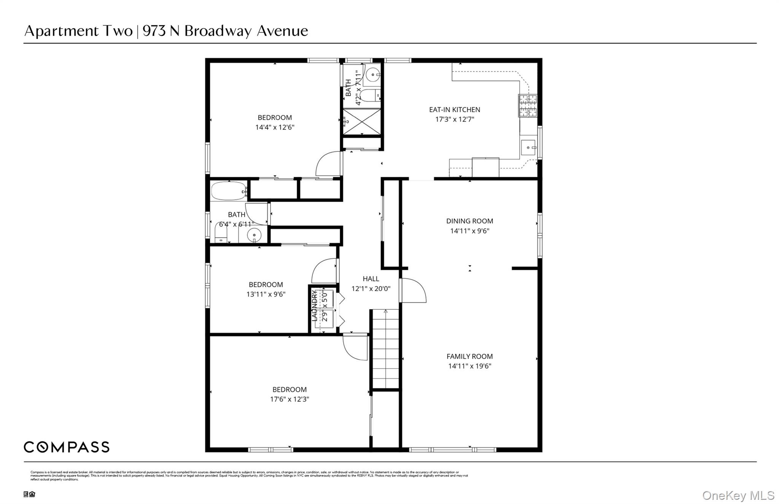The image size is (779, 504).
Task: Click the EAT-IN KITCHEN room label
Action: tap(455, 110)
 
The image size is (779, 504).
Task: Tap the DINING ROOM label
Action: tap(469, 221)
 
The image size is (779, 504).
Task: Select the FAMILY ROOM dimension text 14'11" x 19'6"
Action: tap(469, 366)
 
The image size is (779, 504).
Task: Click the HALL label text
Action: tap(370, 279)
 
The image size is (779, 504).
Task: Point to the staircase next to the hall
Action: tap(385, 349)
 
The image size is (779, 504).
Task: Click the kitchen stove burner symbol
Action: tap(528, 105)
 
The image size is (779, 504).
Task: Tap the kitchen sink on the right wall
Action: tap(528, 148)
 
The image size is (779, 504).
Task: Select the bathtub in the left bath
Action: tap(229, 191)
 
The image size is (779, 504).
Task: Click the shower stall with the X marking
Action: tap(362, 121)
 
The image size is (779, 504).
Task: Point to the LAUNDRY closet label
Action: tap(315, 305)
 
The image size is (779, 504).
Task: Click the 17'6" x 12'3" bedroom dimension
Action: tap(289, 399)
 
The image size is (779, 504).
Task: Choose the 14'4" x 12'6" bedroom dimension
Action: tap(275, 127)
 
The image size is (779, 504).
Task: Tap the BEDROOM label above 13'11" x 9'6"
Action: tap(265, 285)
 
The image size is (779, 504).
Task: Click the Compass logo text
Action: tap(67, 447)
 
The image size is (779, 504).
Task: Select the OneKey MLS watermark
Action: tap(738, 495)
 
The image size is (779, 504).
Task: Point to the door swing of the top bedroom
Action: tap(328, 164)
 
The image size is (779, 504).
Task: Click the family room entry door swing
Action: tap(414, 291)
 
